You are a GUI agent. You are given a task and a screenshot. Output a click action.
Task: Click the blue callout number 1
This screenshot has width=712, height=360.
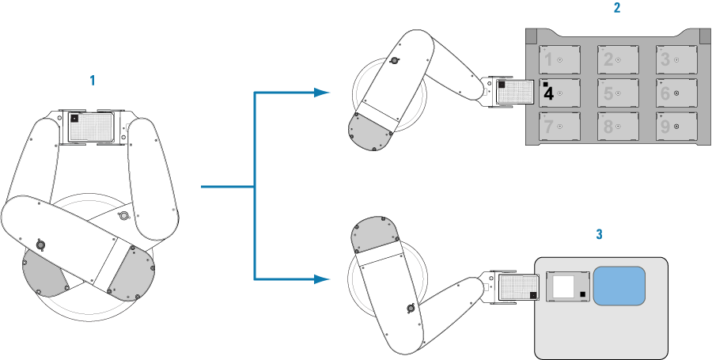(x=93, y=81)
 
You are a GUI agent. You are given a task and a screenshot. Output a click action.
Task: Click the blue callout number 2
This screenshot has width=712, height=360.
(x=616, y=9)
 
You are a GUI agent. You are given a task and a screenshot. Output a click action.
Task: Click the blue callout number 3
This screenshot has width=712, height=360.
(x=600, y=234)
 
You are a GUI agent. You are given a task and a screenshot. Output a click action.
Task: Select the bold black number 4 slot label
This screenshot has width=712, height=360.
(x=547, y=93)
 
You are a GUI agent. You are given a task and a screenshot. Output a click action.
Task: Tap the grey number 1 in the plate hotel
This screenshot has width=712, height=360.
(x=547, y=59)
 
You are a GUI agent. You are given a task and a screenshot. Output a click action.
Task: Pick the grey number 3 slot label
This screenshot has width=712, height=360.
(x=665, y=59)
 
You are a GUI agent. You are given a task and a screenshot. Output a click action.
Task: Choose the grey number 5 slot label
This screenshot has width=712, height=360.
(x=608, y=93)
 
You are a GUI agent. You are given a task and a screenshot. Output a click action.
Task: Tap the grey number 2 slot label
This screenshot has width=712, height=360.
(x=608, y=59)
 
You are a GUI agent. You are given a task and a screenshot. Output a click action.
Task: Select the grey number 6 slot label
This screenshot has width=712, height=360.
(x=665, y=93)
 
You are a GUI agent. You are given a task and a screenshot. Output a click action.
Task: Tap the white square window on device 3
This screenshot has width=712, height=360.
(x=563, y=286)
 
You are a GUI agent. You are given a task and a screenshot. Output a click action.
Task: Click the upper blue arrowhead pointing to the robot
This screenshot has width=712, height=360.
(x=320, y=93)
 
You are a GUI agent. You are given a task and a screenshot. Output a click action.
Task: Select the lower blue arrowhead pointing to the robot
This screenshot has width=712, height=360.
(x=320, y=279)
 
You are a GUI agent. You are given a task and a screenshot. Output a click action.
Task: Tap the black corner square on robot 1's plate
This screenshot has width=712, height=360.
(x=74, y=118)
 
